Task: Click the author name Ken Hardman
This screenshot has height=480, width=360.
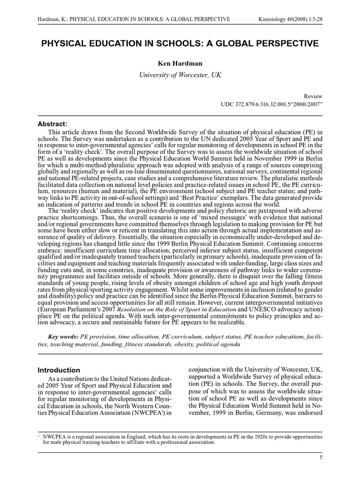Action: [x=180, y=63]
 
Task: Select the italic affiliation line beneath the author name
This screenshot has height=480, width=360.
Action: [x=180, y=75]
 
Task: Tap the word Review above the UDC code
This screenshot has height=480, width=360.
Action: [x=313, y=96]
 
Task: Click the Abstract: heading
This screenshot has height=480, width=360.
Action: [x=52, y=124]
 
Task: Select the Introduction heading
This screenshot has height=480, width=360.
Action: [x=59, y=370]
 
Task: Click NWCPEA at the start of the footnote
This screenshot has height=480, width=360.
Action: [x=53, y=436]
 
